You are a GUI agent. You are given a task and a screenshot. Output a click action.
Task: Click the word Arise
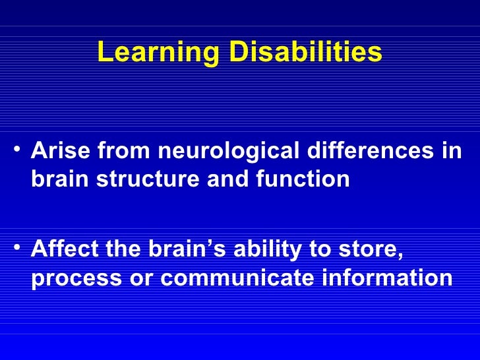pos(61,152)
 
